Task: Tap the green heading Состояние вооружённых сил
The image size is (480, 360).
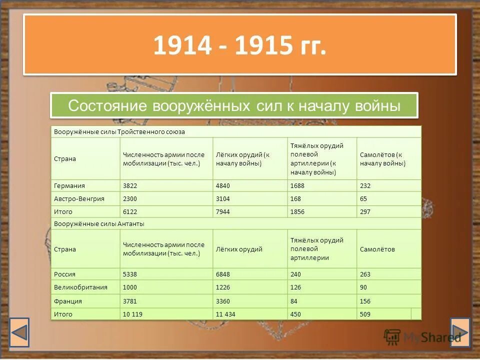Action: [x=234, y=105]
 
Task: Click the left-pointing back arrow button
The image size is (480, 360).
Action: [x=20, y=332]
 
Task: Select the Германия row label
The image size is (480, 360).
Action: [x=69, y=185]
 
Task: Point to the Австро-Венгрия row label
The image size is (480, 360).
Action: [x=79, y=198]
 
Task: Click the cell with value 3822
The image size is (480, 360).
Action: [x=130, y=185]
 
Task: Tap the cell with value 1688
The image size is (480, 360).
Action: [x=297, y=185]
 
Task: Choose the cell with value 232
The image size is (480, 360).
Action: [x=365, y=185]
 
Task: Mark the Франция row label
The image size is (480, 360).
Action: [x=68, y=301]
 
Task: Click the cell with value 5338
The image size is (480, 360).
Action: [x=130, y=274]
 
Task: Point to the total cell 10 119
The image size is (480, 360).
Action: [x=132, y=314]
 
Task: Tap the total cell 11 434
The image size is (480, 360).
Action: [x=226, y=314]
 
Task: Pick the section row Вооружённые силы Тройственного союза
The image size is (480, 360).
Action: [x=119, y=131]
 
